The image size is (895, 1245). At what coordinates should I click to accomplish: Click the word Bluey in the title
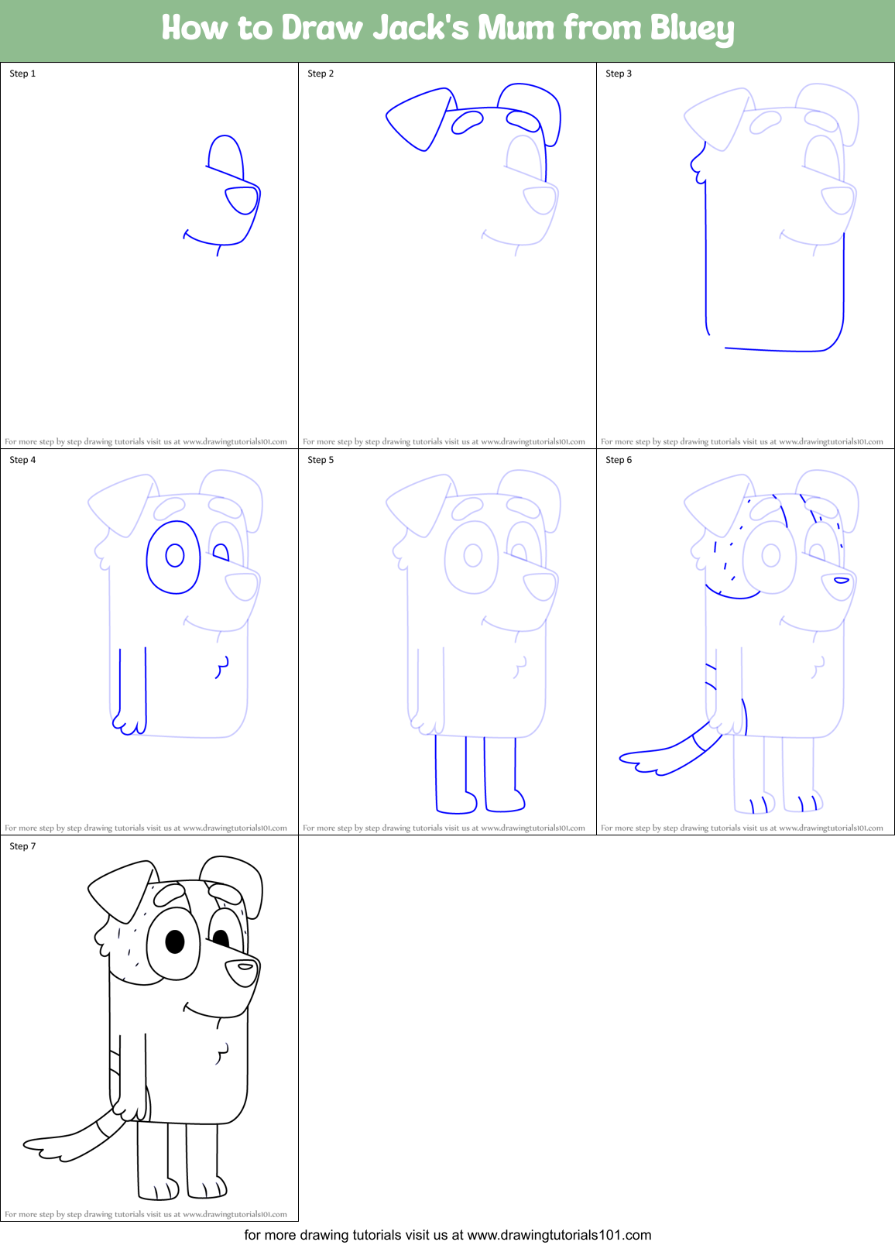pos(691,29)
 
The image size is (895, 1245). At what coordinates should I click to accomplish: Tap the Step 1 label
pos(22,74)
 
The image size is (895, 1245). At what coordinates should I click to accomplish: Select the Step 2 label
pos(321,74)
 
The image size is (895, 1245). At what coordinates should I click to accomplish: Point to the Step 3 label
pos(619,74)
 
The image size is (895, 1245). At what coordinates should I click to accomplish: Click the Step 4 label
pos(22,460)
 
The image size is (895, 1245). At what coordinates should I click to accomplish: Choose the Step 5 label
pos(321,460)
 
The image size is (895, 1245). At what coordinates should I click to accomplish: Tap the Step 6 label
pos(619,460)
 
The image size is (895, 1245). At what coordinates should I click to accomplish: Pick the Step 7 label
pos(22,846)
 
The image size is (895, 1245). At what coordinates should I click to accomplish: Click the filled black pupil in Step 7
pos(175,941)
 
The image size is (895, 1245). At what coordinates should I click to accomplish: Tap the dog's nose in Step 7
pos(242,972)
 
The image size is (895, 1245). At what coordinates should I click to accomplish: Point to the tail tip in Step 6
pos(628,758)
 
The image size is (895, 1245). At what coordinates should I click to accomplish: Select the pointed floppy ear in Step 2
pos(419,118)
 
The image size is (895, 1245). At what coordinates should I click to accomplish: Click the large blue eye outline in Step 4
pos(173,557)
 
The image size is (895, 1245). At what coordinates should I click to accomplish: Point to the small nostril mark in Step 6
pos(841,580)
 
